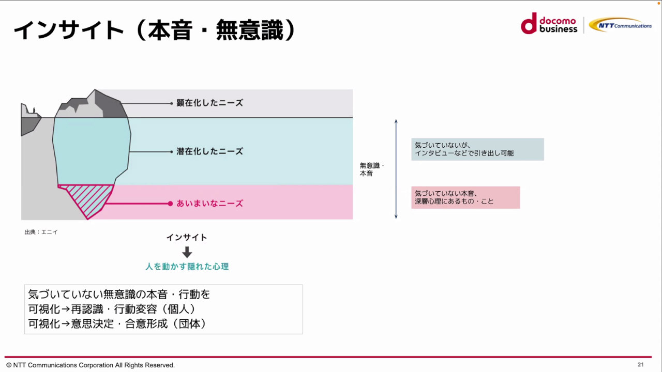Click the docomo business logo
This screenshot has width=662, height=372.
click(549, 24)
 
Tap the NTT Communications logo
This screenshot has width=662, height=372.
click(620, 25)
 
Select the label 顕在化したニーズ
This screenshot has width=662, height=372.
click(209, 103)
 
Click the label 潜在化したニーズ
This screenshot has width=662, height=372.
click(209, 151)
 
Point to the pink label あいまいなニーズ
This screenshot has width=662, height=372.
click(209, 204)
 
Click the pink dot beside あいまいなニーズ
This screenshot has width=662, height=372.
click(170, 204)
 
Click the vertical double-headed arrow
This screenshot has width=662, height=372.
click(396, 169)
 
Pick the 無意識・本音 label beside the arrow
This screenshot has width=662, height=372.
click(371, 169)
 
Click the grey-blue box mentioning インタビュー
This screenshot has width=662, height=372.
click(477, 149)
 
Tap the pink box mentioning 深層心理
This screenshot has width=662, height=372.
click(465, 197)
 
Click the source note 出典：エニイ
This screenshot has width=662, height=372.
click(41, 232)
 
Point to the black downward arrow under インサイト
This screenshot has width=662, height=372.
click(187, 252)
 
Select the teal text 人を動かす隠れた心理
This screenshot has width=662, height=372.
click(187, 267)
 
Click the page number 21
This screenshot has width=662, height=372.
click(640, 365)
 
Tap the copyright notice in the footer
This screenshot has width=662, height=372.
click(91, 365)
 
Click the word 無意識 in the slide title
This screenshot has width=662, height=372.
click(250, 30)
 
